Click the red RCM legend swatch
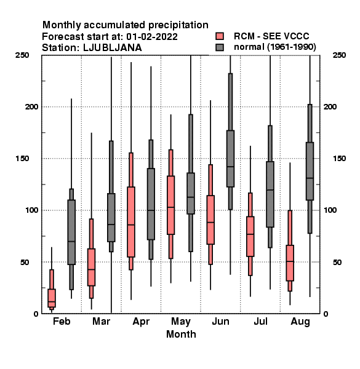[220, 36]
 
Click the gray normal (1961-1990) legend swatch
[220, 47]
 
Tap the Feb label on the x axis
[62, 322]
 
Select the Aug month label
[300, 322]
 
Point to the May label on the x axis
[181, 322]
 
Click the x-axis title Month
[181, 334]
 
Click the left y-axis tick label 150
[22, 159]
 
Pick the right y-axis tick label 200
[330, 106]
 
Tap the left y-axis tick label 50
[25, 262]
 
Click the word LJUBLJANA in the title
[113, 48]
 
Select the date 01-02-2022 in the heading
[152, 37]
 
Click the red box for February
[52, 298]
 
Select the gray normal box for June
[230, 159]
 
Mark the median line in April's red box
[131, 224]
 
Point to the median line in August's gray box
[310, 178]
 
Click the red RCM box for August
[290, 263]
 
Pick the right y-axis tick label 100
[330, 210]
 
